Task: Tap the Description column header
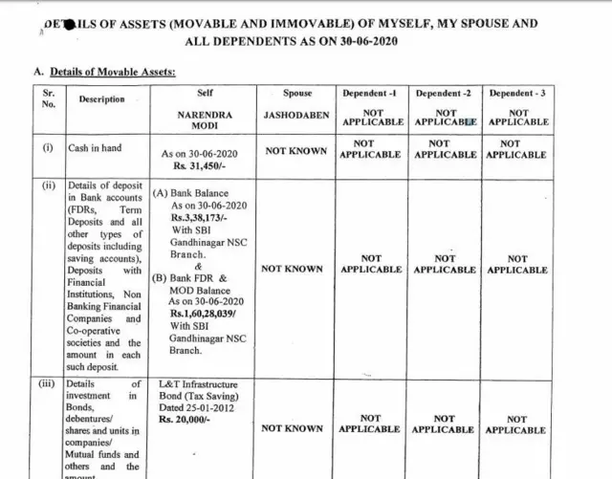[x=101, y=98]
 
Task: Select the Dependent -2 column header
[x=444, y=94]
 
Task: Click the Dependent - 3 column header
[x=517, y=94]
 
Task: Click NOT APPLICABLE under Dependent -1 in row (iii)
[x=370, y=425]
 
